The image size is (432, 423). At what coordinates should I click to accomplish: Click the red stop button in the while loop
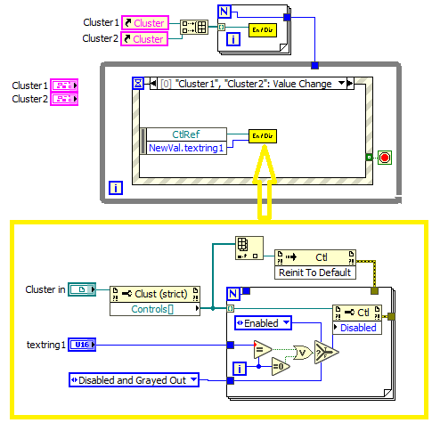[384, 158]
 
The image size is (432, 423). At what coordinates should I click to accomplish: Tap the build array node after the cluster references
[193, 28]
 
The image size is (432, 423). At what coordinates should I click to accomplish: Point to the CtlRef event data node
[185, 134]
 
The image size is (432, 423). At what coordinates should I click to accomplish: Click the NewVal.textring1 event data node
[185, 147]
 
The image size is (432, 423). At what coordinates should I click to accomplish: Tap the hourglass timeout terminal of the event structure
[138, 84]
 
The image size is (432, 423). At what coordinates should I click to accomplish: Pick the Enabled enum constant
[262, 322]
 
